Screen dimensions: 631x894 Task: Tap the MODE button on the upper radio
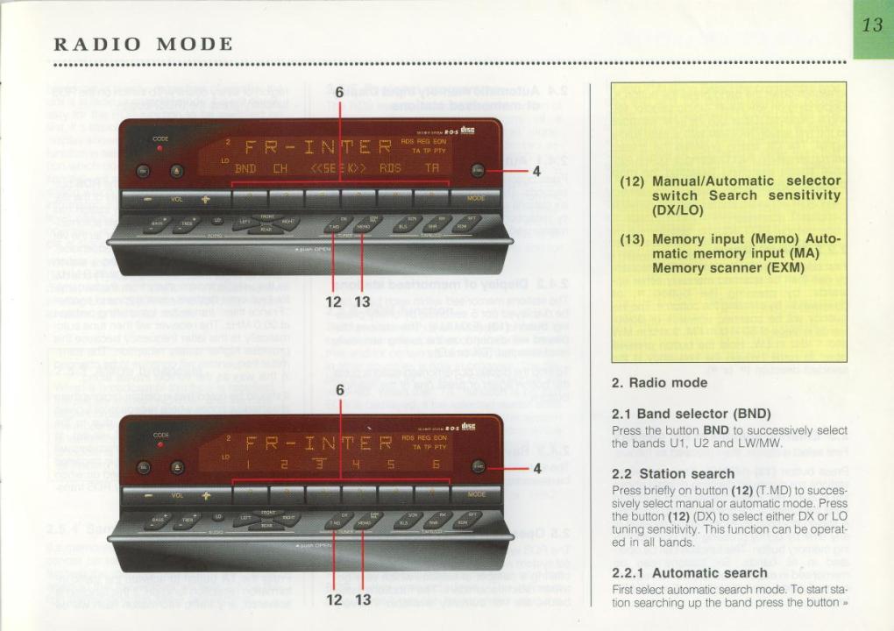[x=476, y=198]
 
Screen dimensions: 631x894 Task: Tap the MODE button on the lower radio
[x=476, y=493]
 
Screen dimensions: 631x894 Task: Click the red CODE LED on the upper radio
[x=160, y=148]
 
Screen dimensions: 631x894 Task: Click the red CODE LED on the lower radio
[x=160, y=444]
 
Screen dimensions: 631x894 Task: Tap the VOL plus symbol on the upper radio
[x=207, y=199]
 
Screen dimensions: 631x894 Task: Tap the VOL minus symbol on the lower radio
[x=149, y=495]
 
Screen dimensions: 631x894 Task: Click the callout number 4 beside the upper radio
[x=536, y=172]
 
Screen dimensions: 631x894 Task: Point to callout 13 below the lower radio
[x=363, y=599]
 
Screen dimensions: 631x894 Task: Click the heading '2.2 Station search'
[x=673, y=473]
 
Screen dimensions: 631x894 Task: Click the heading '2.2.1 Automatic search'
[x=690, y=573]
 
